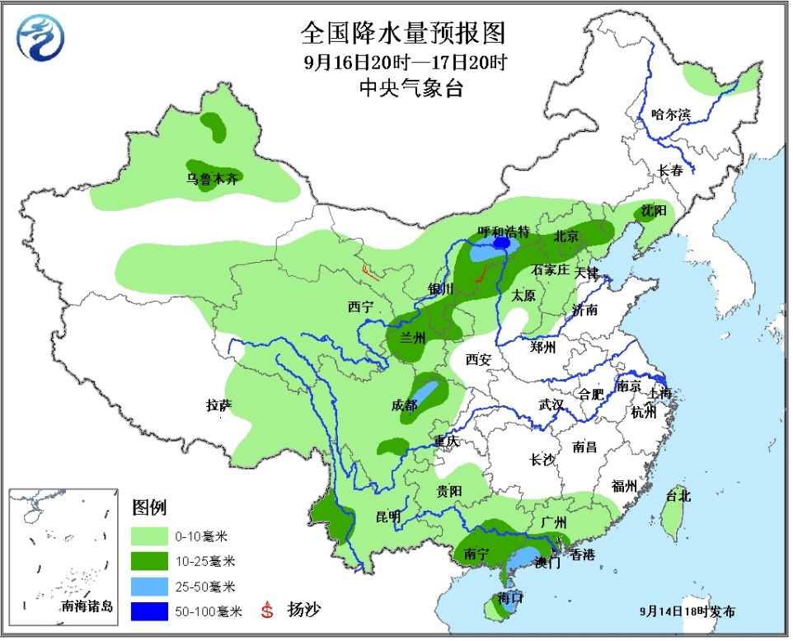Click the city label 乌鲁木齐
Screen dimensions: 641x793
click(212, 178)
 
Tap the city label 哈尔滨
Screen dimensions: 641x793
click(669, 115)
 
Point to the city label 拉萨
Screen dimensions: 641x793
click(218, 405)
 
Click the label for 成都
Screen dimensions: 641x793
click(405, 405)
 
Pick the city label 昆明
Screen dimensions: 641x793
click(387, 517)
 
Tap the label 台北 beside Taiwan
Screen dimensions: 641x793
click(678, 496)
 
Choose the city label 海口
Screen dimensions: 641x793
click(511, 598)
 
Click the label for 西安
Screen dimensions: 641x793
click(478, 359)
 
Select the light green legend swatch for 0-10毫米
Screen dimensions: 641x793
click(151, 536)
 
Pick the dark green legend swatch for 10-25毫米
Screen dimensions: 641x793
click(151, 562)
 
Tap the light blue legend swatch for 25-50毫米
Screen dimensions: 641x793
click(151, 587)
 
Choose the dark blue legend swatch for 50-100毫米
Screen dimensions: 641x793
click(151, 611)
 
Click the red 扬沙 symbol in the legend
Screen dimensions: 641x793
click(266, 611)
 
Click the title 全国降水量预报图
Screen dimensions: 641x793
click(401, 33)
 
